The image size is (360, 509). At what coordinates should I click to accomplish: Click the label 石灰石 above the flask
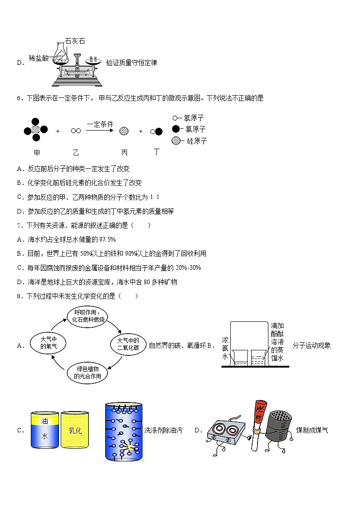coord(75,41)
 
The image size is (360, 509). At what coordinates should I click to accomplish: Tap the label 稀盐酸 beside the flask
coord(38,58)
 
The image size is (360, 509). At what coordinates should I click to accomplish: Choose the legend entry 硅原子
coord(197,141)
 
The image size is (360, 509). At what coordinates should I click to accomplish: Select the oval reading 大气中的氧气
coord(46,343)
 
